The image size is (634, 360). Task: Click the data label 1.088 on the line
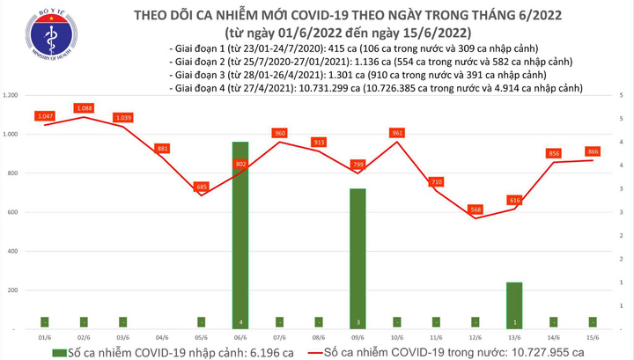[85, 108]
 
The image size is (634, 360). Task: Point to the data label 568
[474, 209]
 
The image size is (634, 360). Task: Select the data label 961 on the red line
[399, 133]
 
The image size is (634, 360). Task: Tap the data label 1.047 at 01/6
[44, 116]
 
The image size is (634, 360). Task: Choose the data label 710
[435, 181]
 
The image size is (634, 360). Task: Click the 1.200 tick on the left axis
[11, 95]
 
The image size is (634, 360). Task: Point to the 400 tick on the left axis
[14, 251]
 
